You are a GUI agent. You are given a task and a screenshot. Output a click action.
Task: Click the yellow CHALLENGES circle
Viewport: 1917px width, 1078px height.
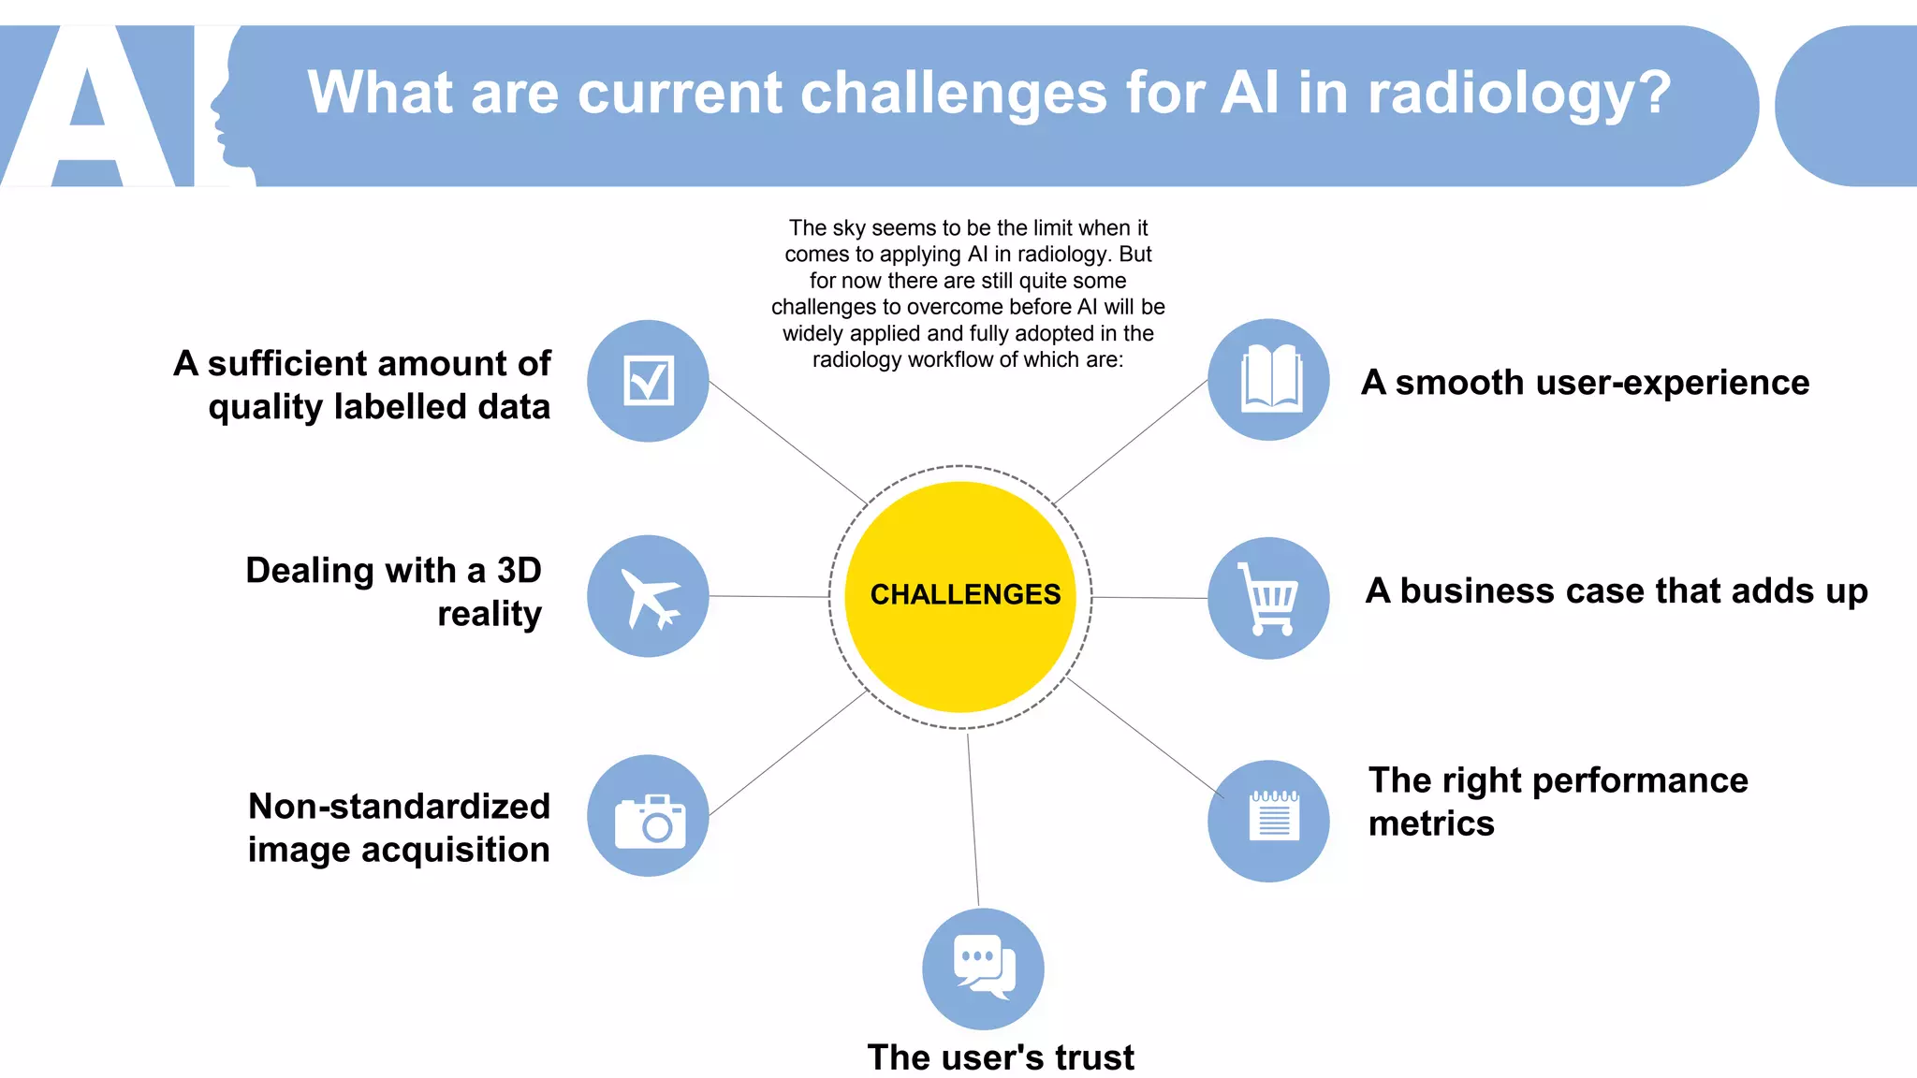click(x=960, y=596)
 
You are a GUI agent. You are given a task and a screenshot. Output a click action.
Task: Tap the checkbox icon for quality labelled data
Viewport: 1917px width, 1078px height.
click(x=648, y=381)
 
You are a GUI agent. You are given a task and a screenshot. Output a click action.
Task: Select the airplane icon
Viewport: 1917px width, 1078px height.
click(x=649, y=597)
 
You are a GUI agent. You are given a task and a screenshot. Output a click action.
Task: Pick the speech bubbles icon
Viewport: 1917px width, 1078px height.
click(x=983, y=968)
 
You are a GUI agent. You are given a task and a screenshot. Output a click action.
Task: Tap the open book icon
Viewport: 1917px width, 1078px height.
click(x=1269, y=379)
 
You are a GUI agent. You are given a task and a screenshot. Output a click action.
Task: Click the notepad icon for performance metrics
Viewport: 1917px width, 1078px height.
click(x=1273, y=816)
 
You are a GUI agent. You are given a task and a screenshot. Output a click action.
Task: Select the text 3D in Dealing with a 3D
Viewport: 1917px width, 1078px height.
click(x=519, y=570)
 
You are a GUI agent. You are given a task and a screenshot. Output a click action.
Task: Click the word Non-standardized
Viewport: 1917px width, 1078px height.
click(x=399, y=806)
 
